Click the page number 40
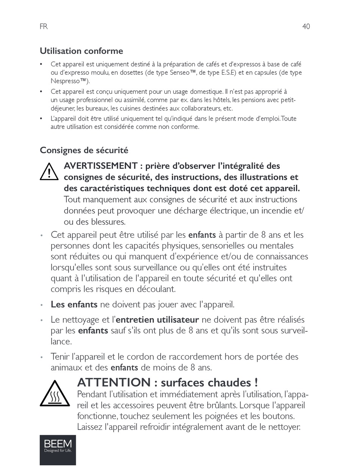coord(306,27)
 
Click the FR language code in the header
coord(44,27)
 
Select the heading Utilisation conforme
coord(81,51)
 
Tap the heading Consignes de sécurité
coord(84,150)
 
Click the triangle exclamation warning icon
coord(49,172)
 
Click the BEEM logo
coord(58,450)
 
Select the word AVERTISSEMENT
coord(100,166)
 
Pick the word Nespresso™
coord(69,81)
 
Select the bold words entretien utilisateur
coord(157,320)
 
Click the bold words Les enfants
coord(74,304)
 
